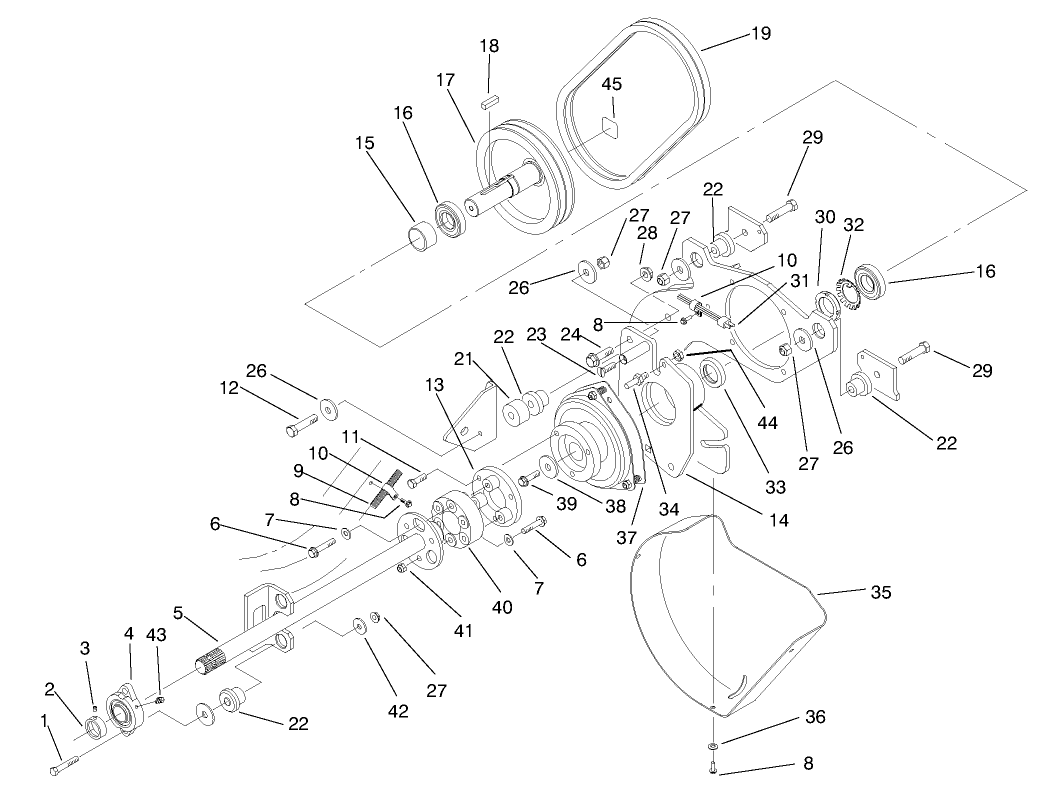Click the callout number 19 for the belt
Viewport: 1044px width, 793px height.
click(x=761, y=32)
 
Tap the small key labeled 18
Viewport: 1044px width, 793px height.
click(x=489, y=100)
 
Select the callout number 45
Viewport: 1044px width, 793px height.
click(x=612, y=84)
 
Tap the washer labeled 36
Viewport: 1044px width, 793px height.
click(x=712, y=746)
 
